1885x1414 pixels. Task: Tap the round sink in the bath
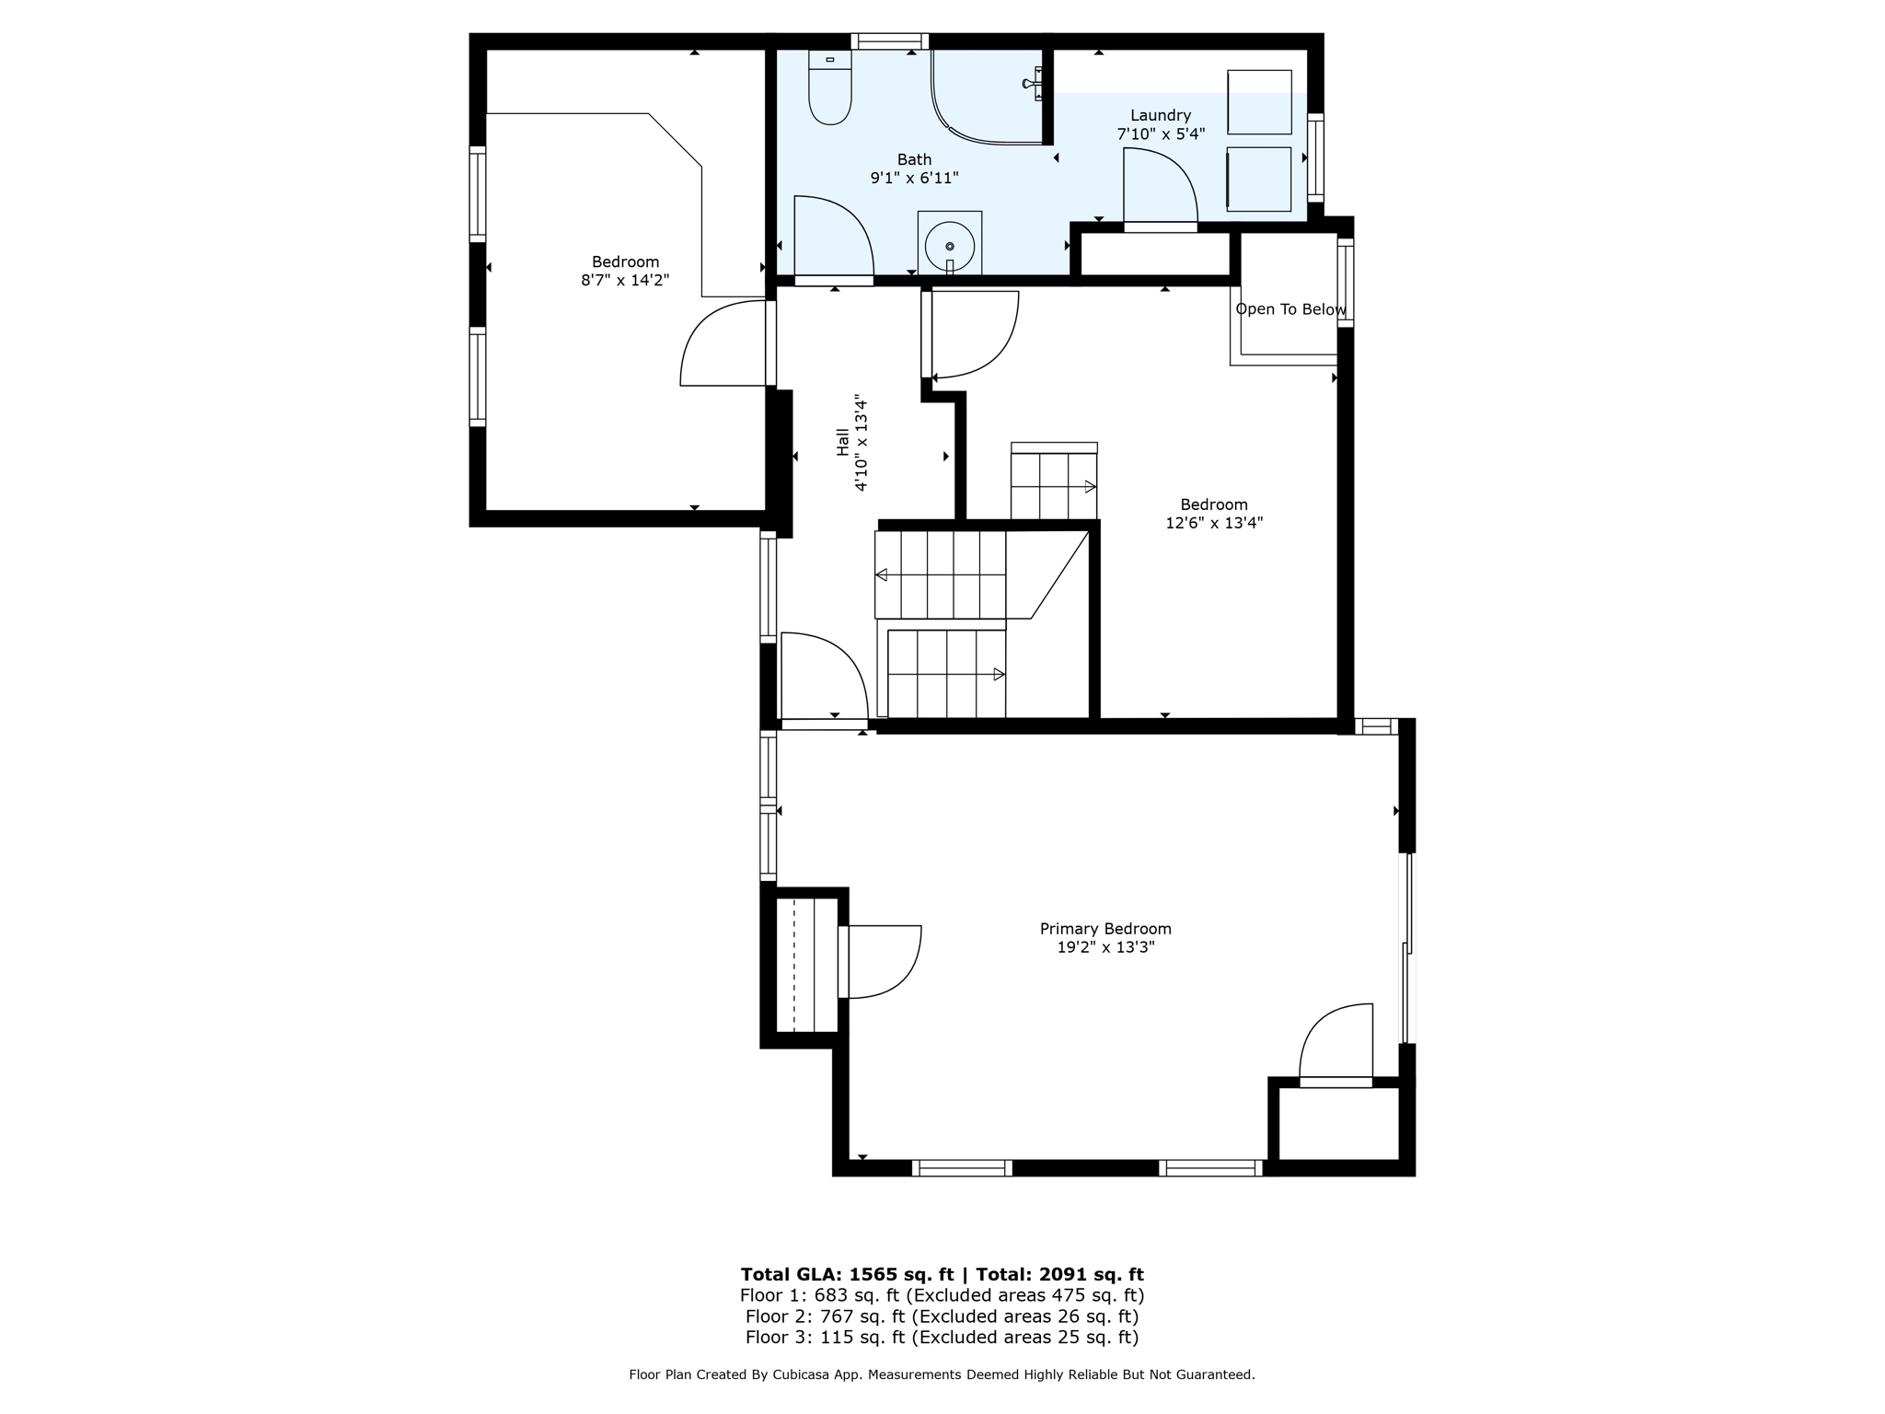[949, 246]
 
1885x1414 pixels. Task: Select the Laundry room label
[1160, 116]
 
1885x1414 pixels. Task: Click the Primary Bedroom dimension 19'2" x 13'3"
[1104, 947]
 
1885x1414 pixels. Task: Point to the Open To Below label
[1289, 309]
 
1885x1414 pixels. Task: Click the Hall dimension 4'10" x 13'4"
[861, 443]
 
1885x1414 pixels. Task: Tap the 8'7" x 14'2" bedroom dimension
[625, 280]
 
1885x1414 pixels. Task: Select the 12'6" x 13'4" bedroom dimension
[1213, 523]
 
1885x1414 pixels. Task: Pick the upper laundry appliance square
[1259, 101]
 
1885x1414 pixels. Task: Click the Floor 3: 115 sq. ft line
[942, 1337]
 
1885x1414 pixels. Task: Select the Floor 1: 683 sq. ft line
[942, 1295]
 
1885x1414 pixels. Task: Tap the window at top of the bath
[889, 41]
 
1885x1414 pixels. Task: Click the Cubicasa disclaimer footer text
[942, 1374]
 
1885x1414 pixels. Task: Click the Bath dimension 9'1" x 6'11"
[914, 178]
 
